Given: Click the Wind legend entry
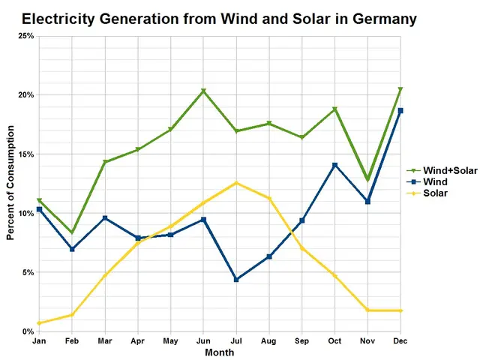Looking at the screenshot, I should coord(436,181).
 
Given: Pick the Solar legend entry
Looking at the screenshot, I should coord(436,193).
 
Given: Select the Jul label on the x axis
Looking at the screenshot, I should coord(236,341).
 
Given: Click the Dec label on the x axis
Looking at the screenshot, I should coord(400,341).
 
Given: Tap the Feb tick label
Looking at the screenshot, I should coord(72,341).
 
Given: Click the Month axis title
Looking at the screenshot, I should coord(219,352).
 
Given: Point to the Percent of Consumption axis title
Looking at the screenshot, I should coord(10,184).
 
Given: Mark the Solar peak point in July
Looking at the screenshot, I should coord(236,183).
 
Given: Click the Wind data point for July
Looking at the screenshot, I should coord(236,280).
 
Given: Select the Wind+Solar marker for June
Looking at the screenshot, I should coord(203,91).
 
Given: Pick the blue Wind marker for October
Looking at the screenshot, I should coord(334,165).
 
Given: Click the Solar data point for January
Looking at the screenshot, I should coord(39,323).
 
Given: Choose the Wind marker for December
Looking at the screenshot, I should coord(400,111).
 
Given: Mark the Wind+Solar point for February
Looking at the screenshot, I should coord(72,232).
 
